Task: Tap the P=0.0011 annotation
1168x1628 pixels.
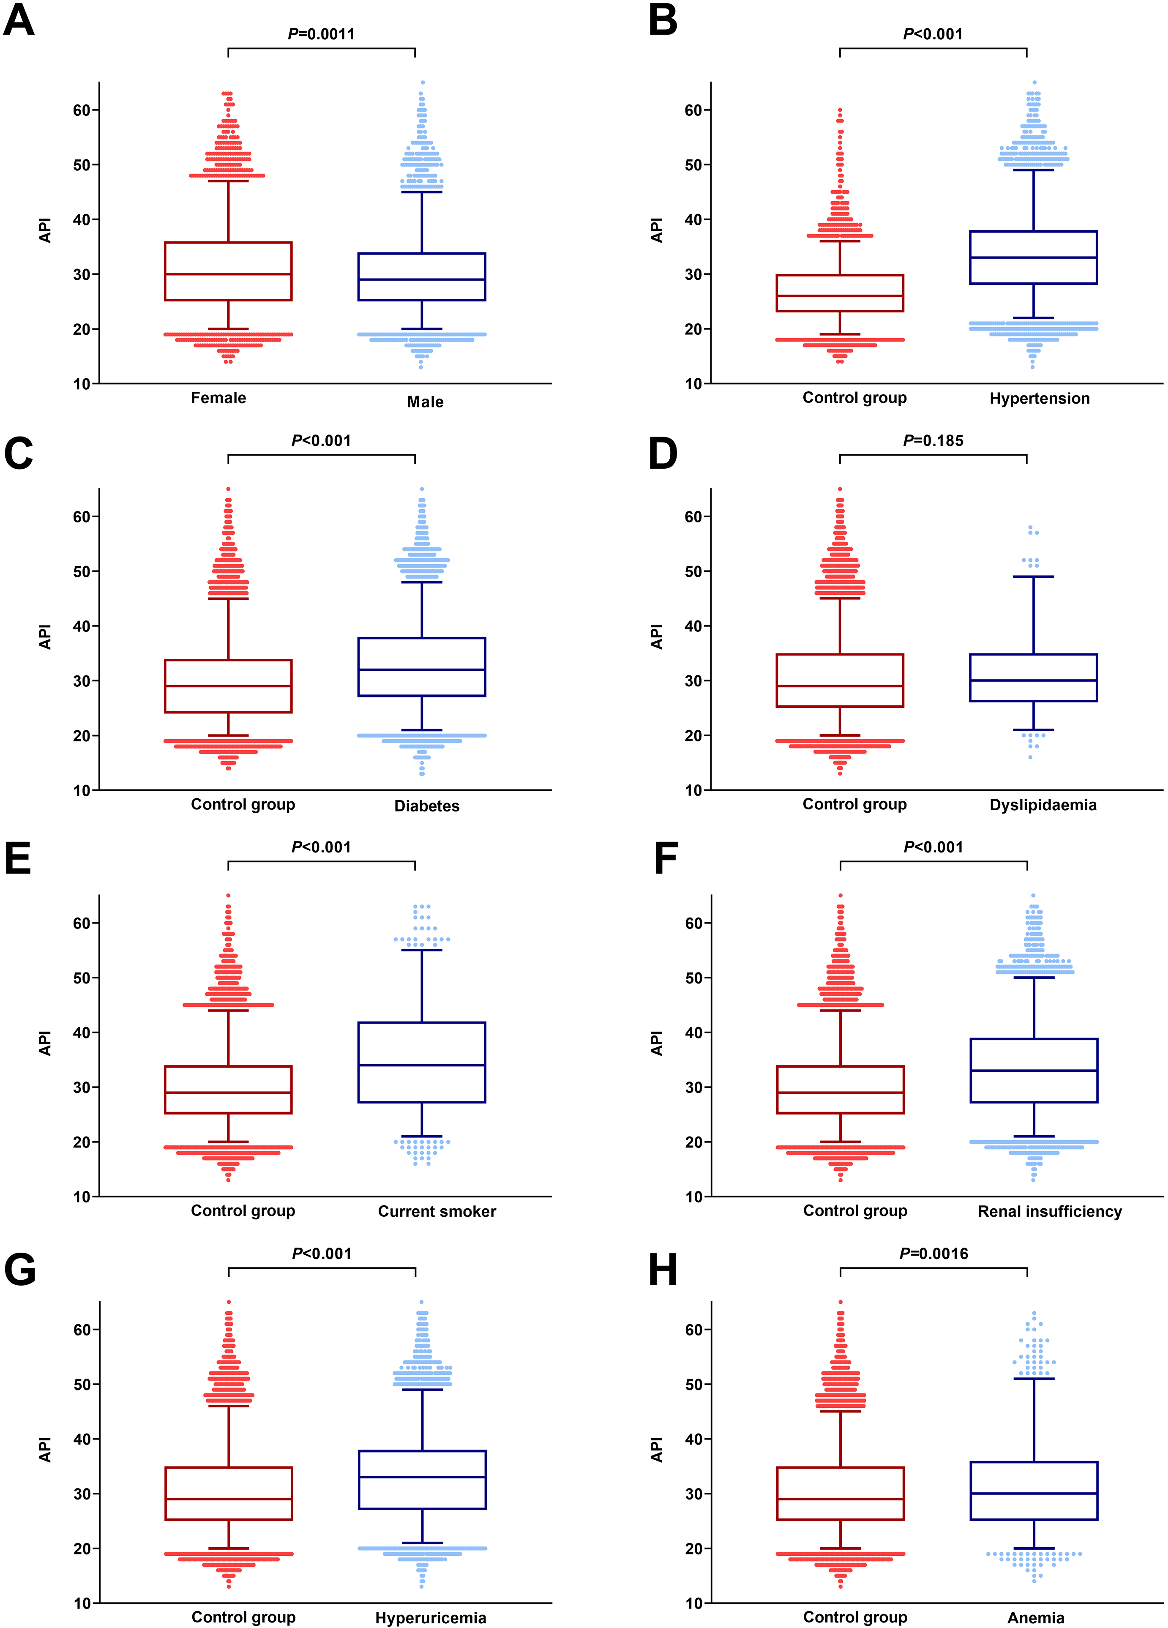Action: pos(321,34)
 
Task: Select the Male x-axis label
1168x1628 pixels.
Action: pos(425,402)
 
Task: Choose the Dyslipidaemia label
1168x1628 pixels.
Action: pos(1042,806)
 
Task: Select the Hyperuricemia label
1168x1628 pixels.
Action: pos(430,1618)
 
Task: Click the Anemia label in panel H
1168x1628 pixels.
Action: pos(1035,1618)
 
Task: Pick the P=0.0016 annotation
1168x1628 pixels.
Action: pos(933,1254)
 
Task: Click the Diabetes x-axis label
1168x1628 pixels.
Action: pos(426,806)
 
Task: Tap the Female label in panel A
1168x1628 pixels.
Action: pos(218,398)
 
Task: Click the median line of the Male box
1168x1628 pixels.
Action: pos(422,279)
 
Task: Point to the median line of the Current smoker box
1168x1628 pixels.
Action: pos(422,1065)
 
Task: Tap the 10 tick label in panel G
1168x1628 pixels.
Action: pos(82,1603)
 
